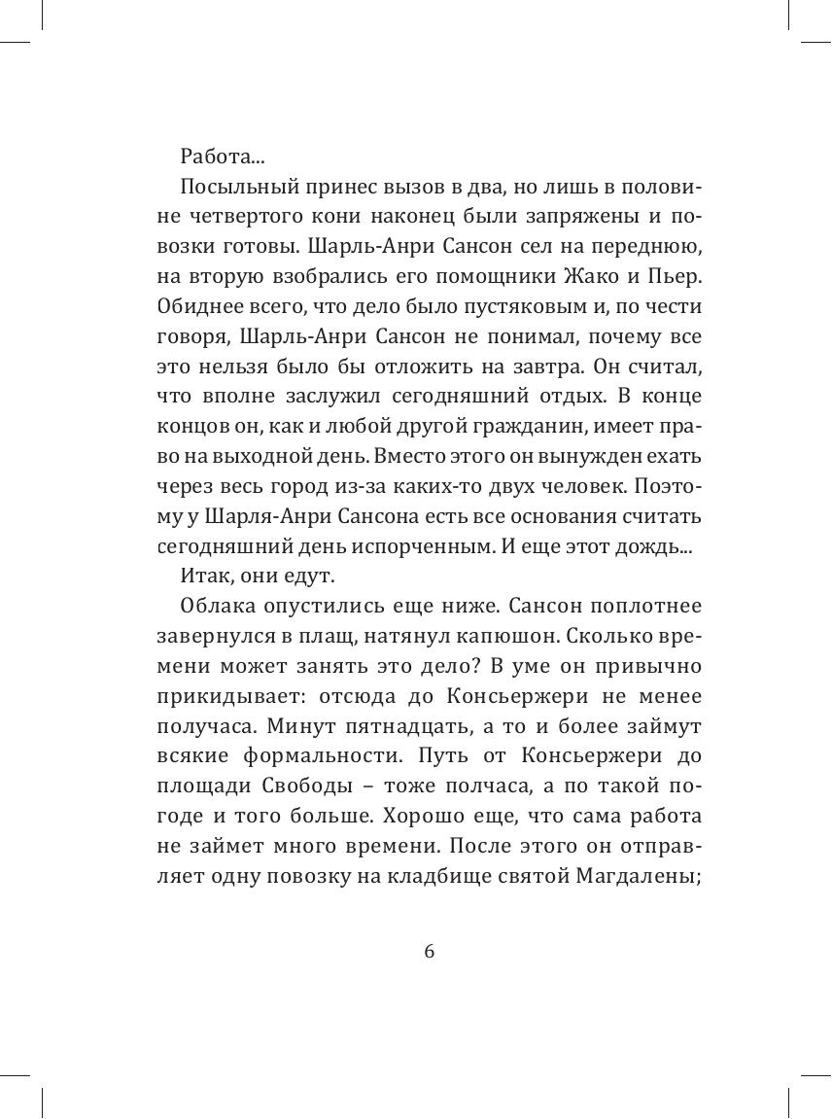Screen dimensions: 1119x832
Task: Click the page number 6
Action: pos(430,952)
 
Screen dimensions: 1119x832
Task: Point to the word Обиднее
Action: pos(195,306)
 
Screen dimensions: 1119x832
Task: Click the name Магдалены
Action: pos(644,878)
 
